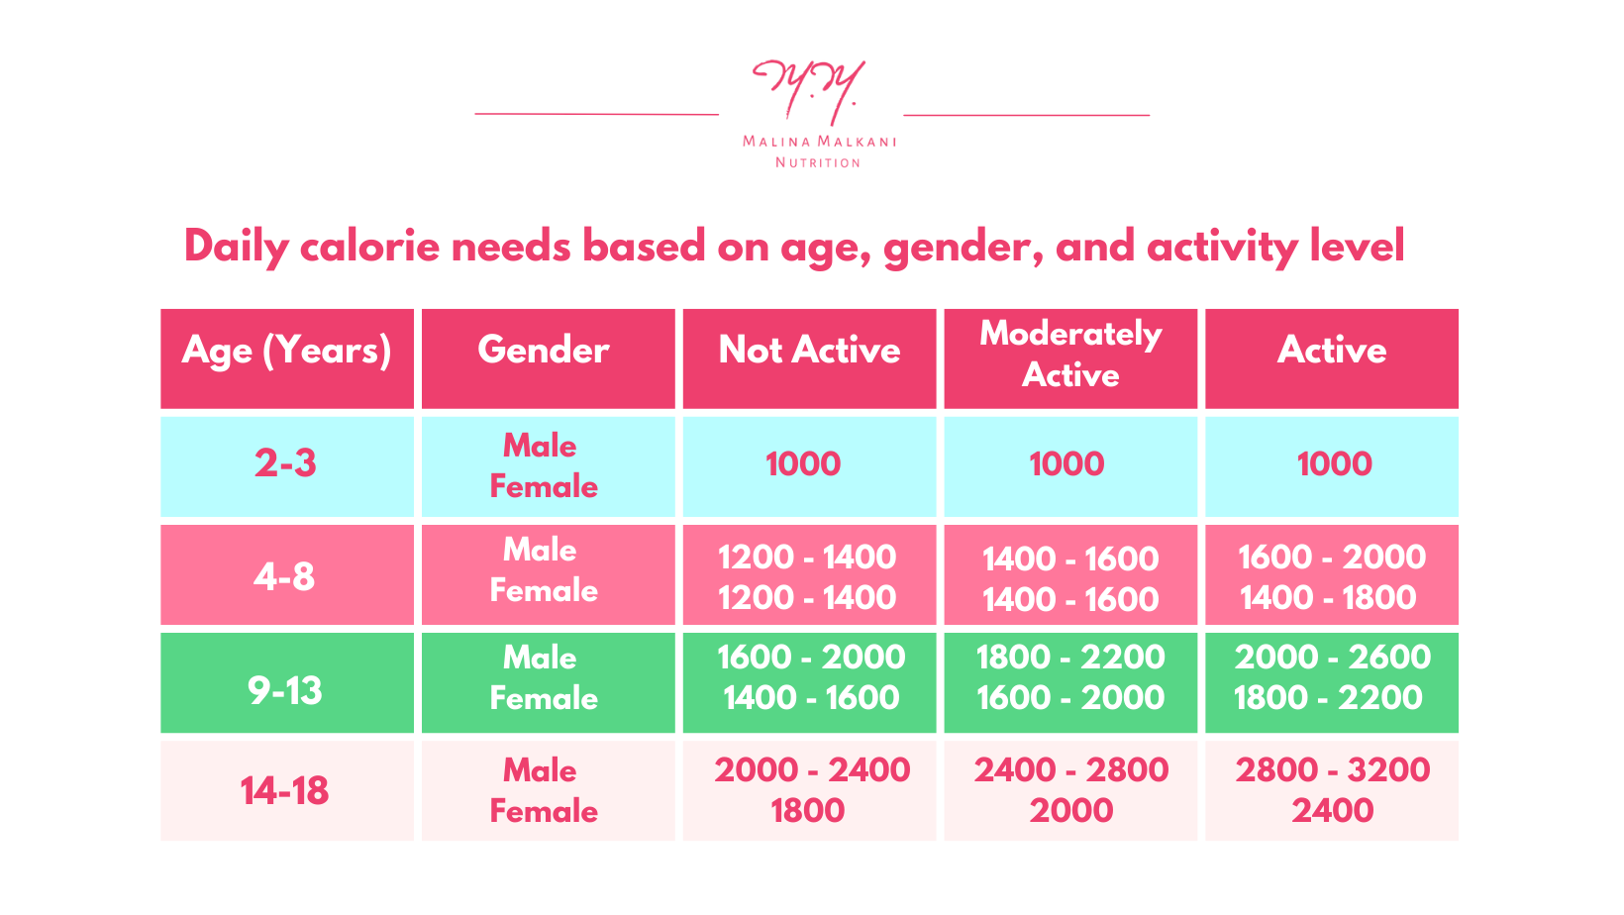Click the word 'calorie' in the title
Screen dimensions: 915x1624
pyautogui.click(x=369, y=247)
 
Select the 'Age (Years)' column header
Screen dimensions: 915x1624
pyautogui.click(x=286, y=351)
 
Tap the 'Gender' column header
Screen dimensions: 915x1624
pyautogui.click(x=544, y=351)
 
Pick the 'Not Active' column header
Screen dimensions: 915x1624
pyautogui.click(x=809, y=351)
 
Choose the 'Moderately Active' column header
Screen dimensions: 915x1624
pyautogui.click(x=1070, y=355)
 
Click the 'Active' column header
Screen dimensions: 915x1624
pyautogui.click(x=1332, y=351)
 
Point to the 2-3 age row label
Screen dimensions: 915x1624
pyautogui.click(x=285, y=463)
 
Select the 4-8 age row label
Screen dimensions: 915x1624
pyautogui.click(x=284, y=576)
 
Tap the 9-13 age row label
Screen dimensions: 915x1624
pyautogui.click(x=285, y=690)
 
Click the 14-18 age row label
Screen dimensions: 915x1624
pyautogui.click(x=284, y=791)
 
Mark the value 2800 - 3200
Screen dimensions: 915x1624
pyautogui.click(x=1332, y=770)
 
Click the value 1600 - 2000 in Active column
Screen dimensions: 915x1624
pyautogui.click(x=1332, y=558)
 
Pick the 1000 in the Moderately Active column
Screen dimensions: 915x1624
pyautogui.click(x=1066, y=464)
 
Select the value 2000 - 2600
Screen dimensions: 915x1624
pyautogui.click(x=1332, y=658)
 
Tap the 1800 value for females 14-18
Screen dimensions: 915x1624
pyautogui.click(x=807, y=811)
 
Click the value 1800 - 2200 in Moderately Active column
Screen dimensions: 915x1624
pyautogui.click(x=1070, y=658)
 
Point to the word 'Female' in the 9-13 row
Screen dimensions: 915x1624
pyautogui.click(x=544, y=699)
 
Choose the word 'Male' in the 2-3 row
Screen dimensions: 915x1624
pyautogui.click(x=540, y=446)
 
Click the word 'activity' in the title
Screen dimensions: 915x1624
pyautogui.click(x=1221, y=247)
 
